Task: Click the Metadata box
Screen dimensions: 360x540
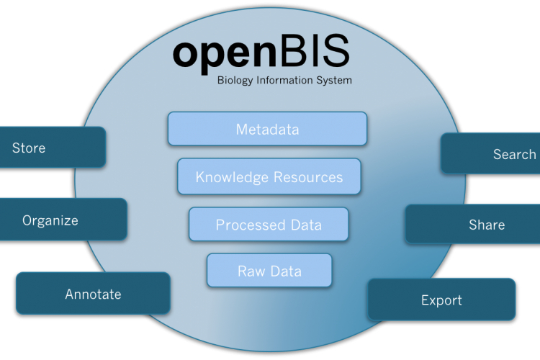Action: point(267,129)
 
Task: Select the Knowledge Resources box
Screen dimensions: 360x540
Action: point(269,176)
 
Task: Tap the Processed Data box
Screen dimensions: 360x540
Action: point(269,225)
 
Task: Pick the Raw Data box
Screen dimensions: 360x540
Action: point(269,271)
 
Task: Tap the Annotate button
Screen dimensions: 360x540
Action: point(93,293)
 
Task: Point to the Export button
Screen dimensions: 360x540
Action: point(441,300)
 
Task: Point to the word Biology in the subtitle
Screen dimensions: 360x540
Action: point(235,81)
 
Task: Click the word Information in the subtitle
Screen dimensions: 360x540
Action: point(284,80)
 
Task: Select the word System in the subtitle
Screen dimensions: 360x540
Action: point(334,81)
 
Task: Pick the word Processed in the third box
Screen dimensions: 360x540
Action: point(246,225)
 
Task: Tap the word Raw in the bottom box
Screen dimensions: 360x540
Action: point(249,271)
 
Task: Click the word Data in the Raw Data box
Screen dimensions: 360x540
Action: point(286,271)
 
